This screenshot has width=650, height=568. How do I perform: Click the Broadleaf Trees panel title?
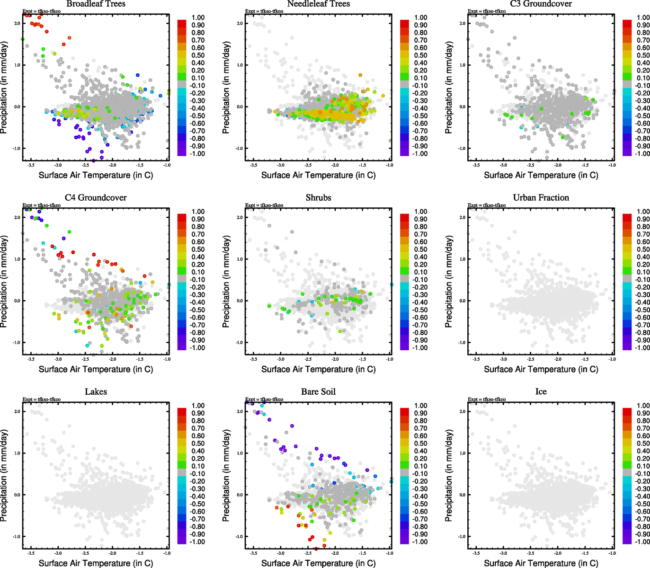[96, 4]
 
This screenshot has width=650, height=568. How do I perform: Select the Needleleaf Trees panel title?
[318, 4]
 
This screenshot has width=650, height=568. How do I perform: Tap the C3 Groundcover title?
[541, 4]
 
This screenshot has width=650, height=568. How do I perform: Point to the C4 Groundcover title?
[96, 198]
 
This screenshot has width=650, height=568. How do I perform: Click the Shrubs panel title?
[318, 198]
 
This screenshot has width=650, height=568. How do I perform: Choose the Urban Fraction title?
[541, 198]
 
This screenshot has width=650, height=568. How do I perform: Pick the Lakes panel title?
[96, 392]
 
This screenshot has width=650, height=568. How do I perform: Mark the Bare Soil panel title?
[318, 392]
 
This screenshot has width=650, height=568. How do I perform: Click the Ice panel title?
[541, 392]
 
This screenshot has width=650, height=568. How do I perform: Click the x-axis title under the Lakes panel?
[96, 563]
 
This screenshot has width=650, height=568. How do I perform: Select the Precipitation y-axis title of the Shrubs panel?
[226, 282]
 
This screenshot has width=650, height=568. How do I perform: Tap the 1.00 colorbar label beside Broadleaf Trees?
[198, 18]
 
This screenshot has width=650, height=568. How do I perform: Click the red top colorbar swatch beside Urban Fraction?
[627, 218]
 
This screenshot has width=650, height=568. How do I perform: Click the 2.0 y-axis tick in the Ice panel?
[462, 412]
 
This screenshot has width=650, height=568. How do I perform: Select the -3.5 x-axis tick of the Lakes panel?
[31, 553]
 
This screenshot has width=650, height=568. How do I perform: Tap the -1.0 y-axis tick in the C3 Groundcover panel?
[462, 149]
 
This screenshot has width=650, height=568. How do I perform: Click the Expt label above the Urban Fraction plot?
[487, 205]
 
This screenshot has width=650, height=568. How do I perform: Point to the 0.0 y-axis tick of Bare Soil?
[240, 495]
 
